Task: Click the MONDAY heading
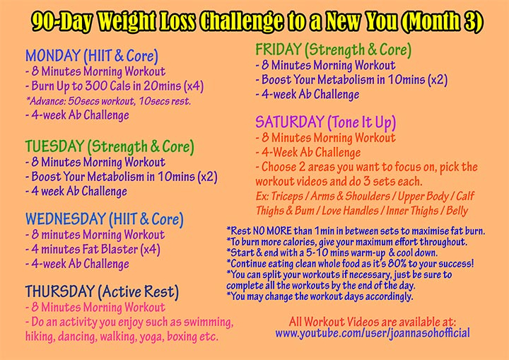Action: [53, 56]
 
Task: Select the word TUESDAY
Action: [54, 146]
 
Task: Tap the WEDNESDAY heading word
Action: [66, 219]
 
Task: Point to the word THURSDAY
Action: [59, 291]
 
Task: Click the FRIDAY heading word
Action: [279, 50]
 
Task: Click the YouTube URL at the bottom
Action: [373, 333]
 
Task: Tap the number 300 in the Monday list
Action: [95, 86]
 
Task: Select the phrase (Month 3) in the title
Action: [441, 22]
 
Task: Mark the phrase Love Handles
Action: [350, 211]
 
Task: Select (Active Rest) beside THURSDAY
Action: [139, 292]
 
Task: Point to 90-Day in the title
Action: [62, 22]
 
